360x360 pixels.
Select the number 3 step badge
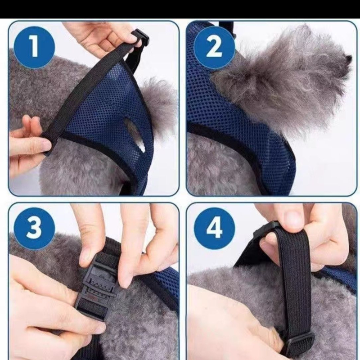coord(34,229)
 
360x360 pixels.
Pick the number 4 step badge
coord(214,229)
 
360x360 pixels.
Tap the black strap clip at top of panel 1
coord(140,38)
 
